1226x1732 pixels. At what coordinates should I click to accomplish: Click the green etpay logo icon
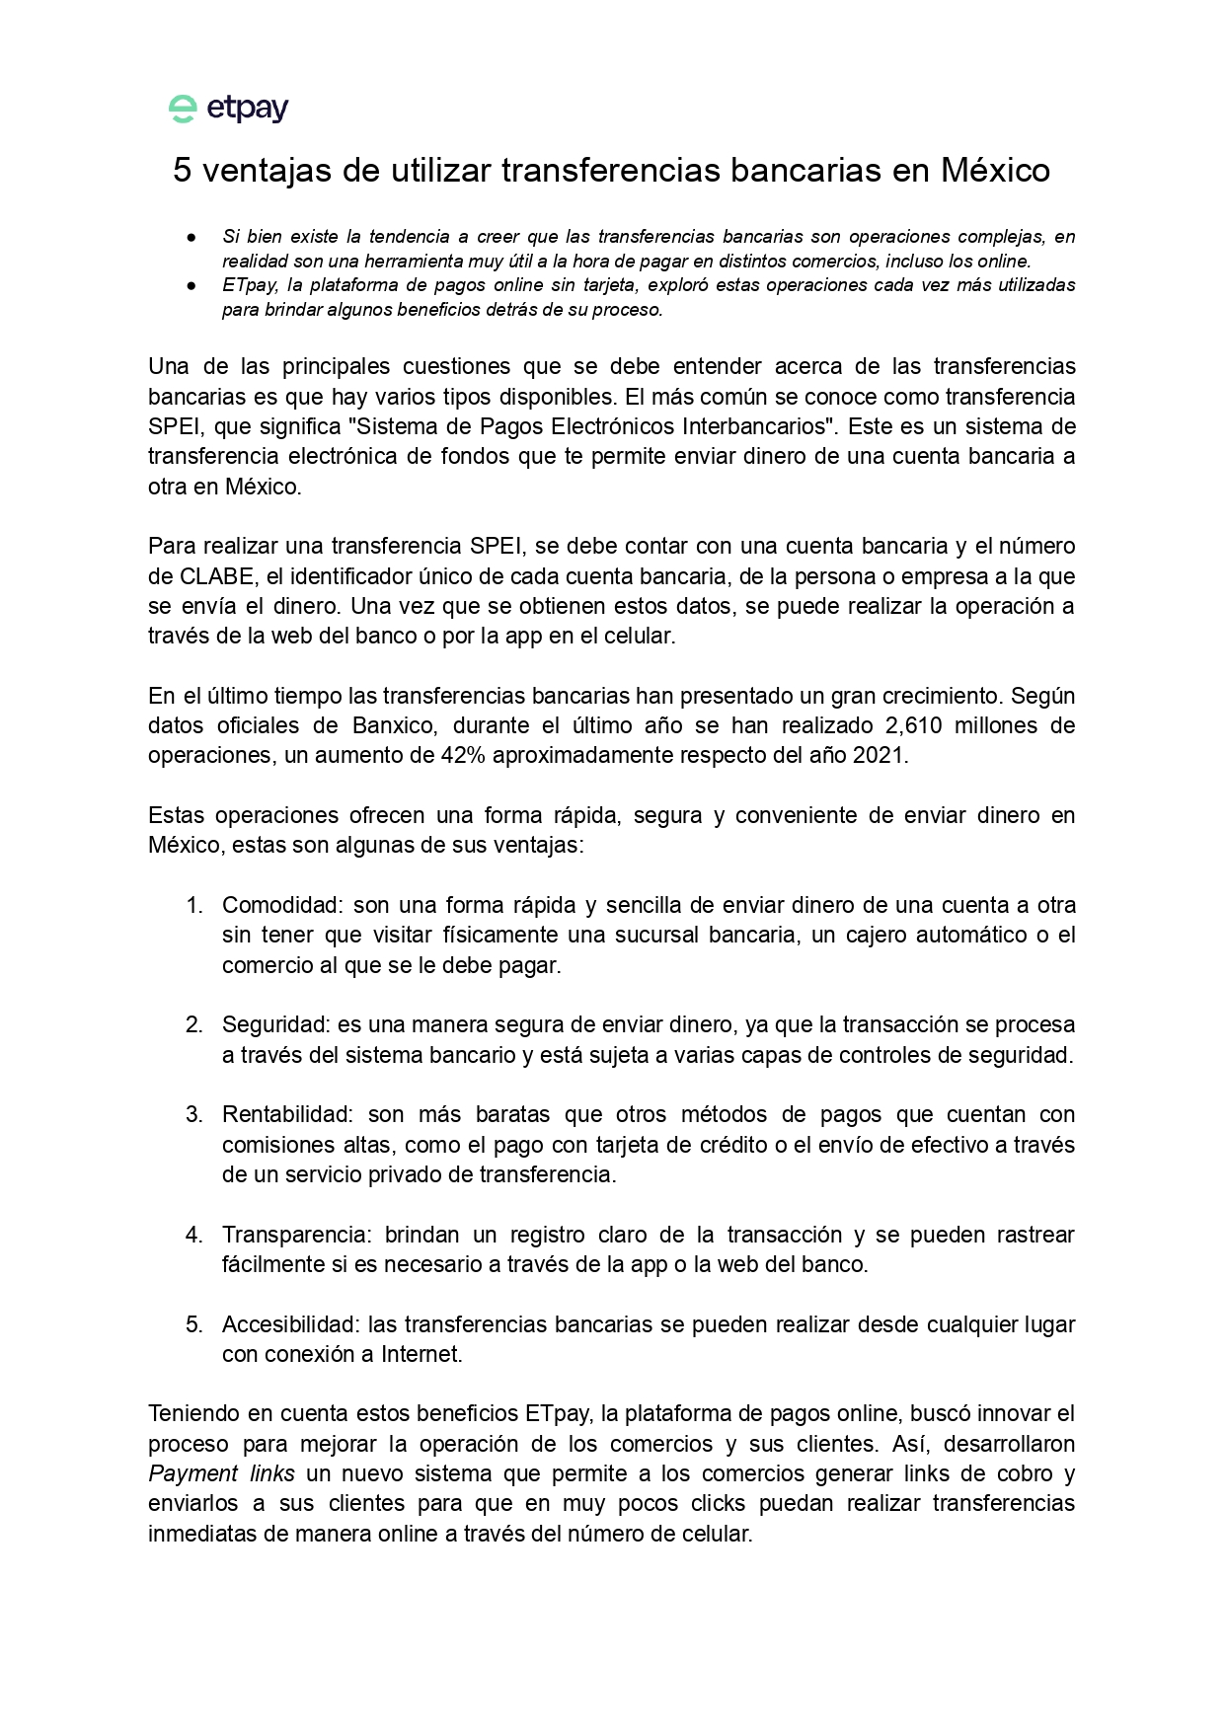[x=183, y=109]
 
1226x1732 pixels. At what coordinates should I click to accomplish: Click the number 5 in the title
[x=182, y=171]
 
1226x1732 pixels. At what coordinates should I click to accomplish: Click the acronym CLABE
[x=216, y=576]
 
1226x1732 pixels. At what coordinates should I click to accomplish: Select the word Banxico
[x=393, y=725]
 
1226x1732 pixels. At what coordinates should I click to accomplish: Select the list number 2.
[x=193, y=1025]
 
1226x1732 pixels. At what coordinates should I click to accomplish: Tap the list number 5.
[x=193, y=1324]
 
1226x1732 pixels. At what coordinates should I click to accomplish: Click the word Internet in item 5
[x=421, y=1355]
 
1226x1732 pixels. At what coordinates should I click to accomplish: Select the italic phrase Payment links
[x=221, y=1474]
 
